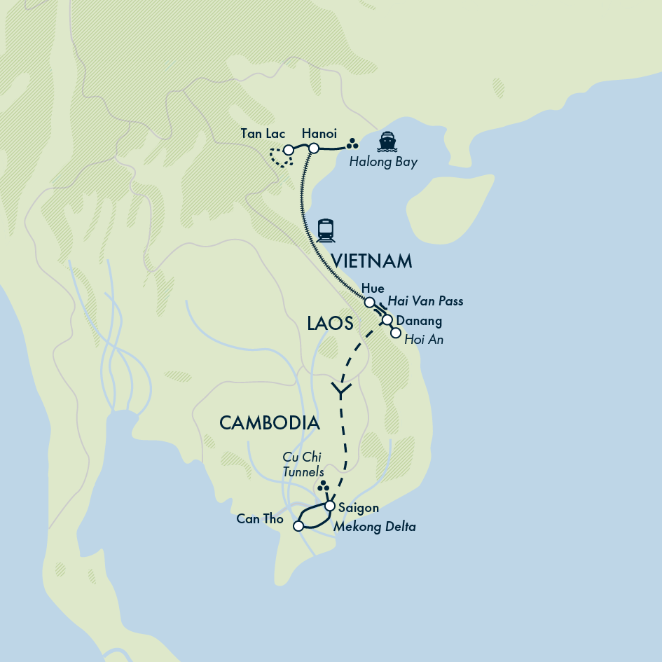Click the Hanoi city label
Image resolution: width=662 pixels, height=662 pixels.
pyautogui.click(x=319, y=133)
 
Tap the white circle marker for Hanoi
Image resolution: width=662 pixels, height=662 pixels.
pyautogui.click(x=314, y=148)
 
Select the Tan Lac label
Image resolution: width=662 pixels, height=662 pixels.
pyautogui.click(x=262, y=133)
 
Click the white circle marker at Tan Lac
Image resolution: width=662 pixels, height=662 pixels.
pyautogui.click(x=288, y=150)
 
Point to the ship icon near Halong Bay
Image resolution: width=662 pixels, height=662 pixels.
pyautogui.click(x=387, y=142)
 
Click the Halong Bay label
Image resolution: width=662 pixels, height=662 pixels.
pyautogui.click(x=383, y=163)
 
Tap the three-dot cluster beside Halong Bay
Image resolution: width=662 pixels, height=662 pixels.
pyautogui.click(x=353, y=144)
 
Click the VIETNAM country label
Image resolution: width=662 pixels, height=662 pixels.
pyautogui.click(x=371, y=262)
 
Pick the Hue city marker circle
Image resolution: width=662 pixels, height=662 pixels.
pyautogui.click(x=369, y=302)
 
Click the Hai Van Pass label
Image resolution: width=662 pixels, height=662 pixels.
pyautogui.click(x=425, y=301)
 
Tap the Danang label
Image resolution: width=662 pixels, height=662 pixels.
pyautogui.click(x=419, y=321)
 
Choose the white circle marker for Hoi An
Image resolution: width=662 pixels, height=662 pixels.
pyautogui.click(x=395, y=333)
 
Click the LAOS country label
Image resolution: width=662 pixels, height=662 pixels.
pyautogui.click(x=330, y=322)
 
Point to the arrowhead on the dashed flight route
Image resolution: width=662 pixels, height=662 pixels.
pyautogui.click(x=340, y=390)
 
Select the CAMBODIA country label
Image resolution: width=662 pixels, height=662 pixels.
pyautogui.click(x=270, y=423)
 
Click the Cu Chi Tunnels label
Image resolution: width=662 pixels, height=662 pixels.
pyautogui.click(x=303, y=464)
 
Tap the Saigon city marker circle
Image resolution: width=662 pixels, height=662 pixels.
pyautogui.click(x=329, y=505)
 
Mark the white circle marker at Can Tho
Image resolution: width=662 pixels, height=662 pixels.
pyautogui.click(x=298, y=525)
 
